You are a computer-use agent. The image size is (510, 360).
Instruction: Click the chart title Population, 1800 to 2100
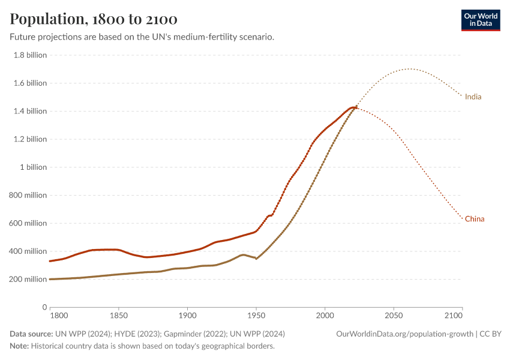point(94,19)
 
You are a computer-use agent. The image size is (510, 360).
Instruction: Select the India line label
point(473,97)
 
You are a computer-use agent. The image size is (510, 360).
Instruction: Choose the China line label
point(474,219)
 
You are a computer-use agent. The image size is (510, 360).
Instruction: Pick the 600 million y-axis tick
point(27,223)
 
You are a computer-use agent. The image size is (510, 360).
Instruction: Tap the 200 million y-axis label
point(27,280)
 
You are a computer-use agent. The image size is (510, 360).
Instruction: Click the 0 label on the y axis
point(44,307)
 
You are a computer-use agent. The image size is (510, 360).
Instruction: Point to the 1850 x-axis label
point(119,315)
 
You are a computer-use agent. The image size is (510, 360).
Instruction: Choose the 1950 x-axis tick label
point(256,315)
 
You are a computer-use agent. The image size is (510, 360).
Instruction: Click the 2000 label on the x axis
point(325,315)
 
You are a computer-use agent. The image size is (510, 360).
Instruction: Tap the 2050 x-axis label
point(394,315)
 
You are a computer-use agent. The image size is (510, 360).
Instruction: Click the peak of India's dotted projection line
point(409,69)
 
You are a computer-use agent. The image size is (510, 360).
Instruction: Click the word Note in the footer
point(19,346)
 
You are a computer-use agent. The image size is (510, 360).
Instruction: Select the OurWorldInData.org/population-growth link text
point(405,334)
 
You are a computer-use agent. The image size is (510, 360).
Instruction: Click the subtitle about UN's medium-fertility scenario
point(142,37)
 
